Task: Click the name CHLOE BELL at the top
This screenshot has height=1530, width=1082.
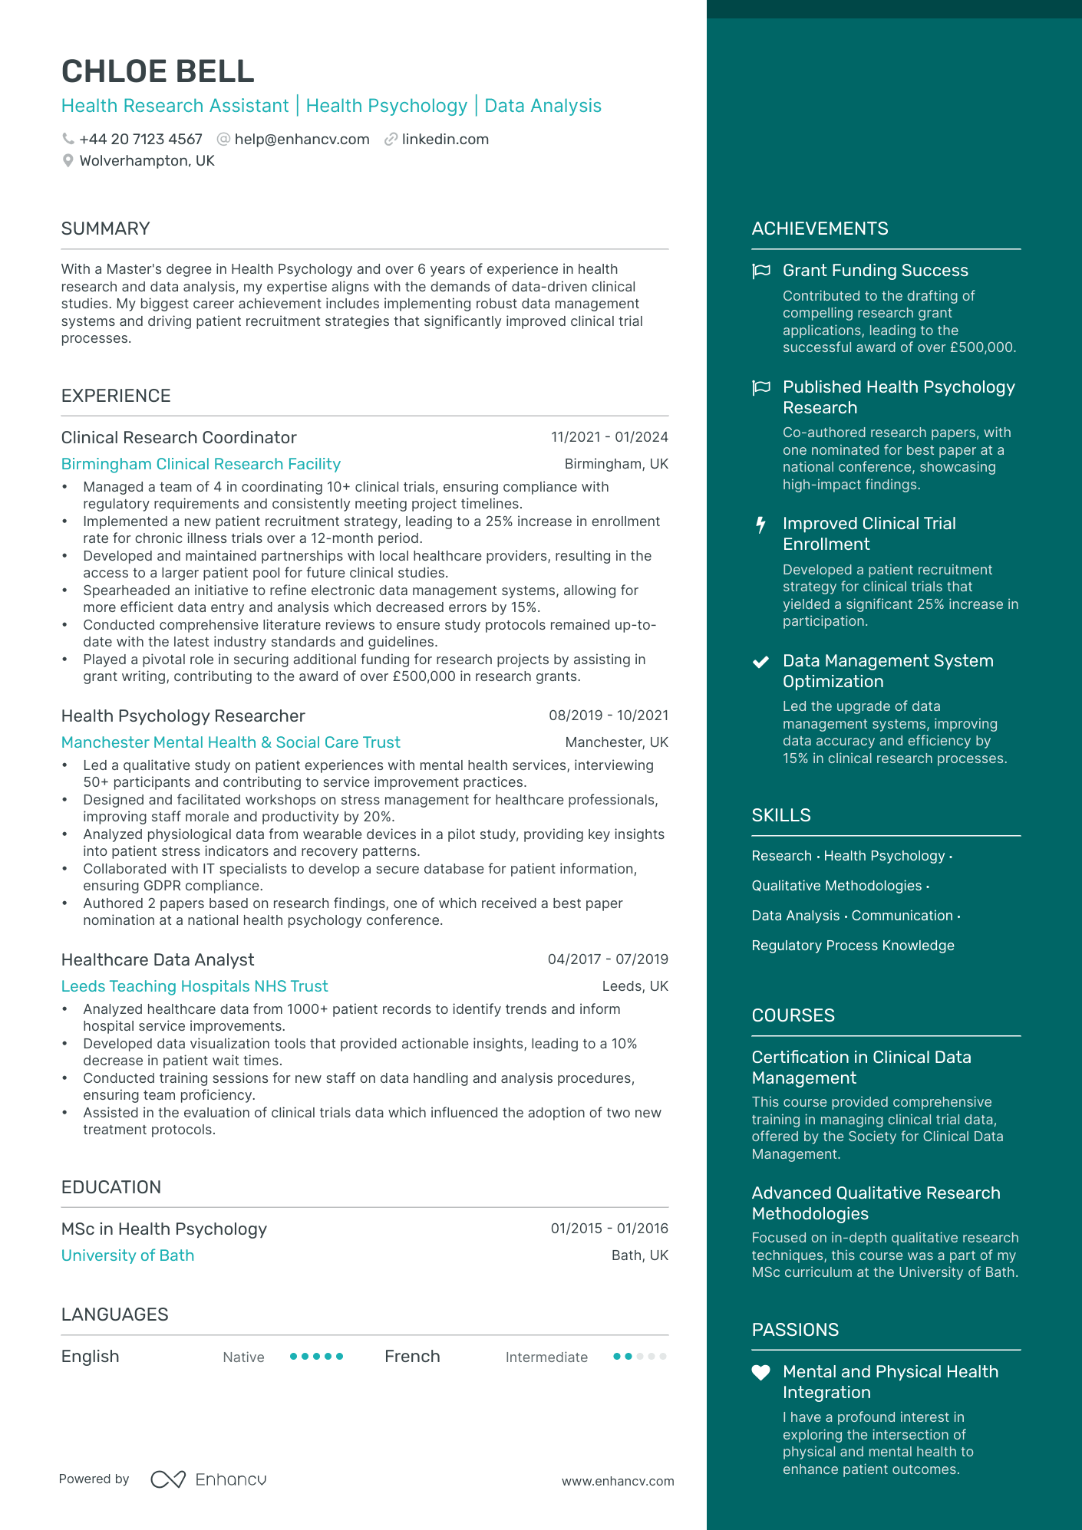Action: [x=157, y=71]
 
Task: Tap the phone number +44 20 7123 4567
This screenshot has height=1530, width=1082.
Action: [x=140, y=140]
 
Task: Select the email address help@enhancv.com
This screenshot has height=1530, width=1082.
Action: [x=302, y=140]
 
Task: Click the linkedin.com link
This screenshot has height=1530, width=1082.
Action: [x=445, y=140]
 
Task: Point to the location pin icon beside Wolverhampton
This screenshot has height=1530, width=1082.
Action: [x=68, y=161]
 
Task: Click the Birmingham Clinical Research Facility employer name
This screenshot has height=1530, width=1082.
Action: [x=200, y=464]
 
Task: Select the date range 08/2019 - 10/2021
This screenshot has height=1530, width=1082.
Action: [x=608, y=716]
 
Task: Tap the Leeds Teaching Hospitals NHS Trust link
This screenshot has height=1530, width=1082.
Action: [x=194, y=986]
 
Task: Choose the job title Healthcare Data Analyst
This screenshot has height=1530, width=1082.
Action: [x=157, y=960]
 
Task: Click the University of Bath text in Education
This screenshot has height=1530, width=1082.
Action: [x=127, y=1255]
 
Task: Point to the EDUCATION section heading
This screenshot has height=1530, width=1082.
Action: [x=111, y=1187]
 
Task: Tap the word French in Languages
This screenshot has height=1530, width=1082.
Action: [x=412, y=1357]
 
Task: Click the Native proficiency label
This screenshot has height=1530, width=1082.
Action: [x=243, y=1357]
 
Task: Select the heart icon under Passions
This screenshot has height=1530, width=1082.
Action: [x=760, y=1373]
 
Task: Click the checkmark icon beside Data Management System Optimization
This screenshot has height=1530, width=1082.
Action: [x=760, y=662]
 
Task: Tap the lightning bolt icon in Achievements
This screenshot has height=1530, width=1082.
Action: [x=760, y=525]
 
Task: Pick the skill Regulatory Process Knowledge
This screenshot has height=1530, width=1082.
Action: [x=853, y=946]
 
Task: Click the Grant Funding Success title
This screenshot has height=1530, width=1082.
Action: [x=875, y=271]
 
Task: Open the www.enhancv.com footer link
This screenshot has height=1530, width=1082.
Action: [x=618, y=1481]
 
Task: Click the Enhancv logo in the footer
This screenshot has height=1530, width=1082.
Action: [x=209, y=1479]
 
